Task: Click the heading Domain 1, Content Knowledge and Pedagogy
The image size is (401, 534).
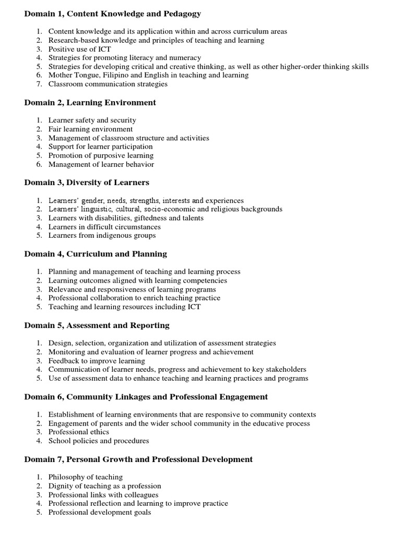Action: (x=112, y=14)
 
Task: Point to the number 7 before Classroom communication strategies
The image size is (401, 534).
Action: (x=39, y=84)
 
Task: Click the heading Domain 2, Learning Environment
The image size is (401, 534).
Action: (x=90, y=103)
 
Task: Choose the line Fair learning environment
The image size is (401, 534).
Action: (x=90, y=129)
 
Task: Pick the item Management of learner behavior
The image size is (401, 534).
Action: (x=101, y=164)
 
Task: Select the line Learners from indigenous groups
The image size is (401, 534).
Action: (x=102, y=235)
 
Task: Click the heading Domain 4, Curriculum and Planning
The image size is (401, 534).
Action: (x=96, y=254)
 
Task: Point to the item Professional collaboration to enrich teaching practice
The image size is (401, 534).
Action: (x=134, y=298)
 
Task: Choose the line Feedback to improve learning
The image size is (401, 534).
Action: (x=97, y=361)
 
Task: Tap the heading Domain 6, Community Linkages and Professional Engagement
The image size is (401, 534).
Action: (x=146, y=397)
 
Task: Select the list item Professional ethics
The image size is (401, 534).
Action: (x=79, y=432)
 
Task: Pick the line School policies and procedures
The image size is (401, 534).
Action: (x=99, y=441)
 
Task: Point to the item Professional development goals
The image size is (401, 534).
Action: (x=100, y=512)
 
